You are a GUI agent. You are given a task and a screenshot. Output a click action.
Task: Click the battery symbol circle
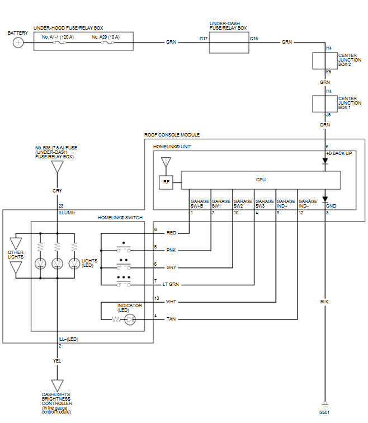pos(18,43)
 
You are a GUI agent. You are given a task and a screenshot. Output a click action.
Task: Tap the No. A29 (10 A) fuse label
pos(106,36)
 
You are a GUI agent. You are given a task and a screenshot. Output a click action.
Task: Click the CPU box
pos(261,180)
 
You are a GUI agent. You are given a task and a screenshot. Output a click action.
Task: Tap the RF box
pos(167,182)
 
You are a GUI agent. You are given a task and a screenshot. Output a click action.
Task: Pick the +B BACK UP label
pos(339,153)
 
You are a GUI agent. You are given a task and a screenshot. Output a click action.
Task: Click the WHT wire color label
pos(171,302)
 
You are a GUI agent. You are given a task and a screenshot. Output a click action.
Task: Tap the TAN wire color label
pos(171,319)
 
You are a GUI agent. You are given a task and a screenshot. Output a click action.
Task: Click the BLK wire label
pos(324,302)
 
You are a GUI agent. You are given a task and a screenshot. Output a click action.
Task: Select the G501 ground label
pos(324,412)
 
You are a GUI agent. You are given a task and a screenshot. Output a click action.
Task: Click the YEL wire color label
pos(57,361)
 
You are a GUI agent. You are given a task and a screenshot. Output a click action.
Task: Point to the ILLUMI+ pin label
pos(67,213)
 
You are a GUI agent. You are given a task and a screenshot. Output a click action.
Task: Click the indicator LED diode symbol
pos(129,319)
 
